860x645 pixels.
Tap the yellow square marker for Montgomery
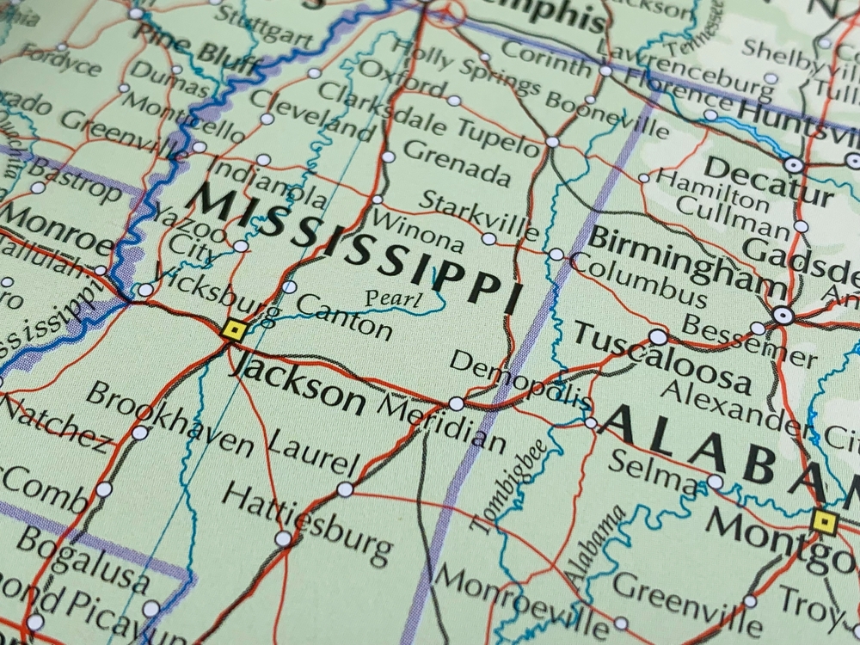(824, 519)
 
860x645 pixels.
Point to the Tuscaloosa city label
(662, 355)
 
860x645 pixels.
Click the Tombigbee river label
(506, 489)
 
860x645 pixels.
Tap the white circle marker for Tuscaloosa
(658, 336)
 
